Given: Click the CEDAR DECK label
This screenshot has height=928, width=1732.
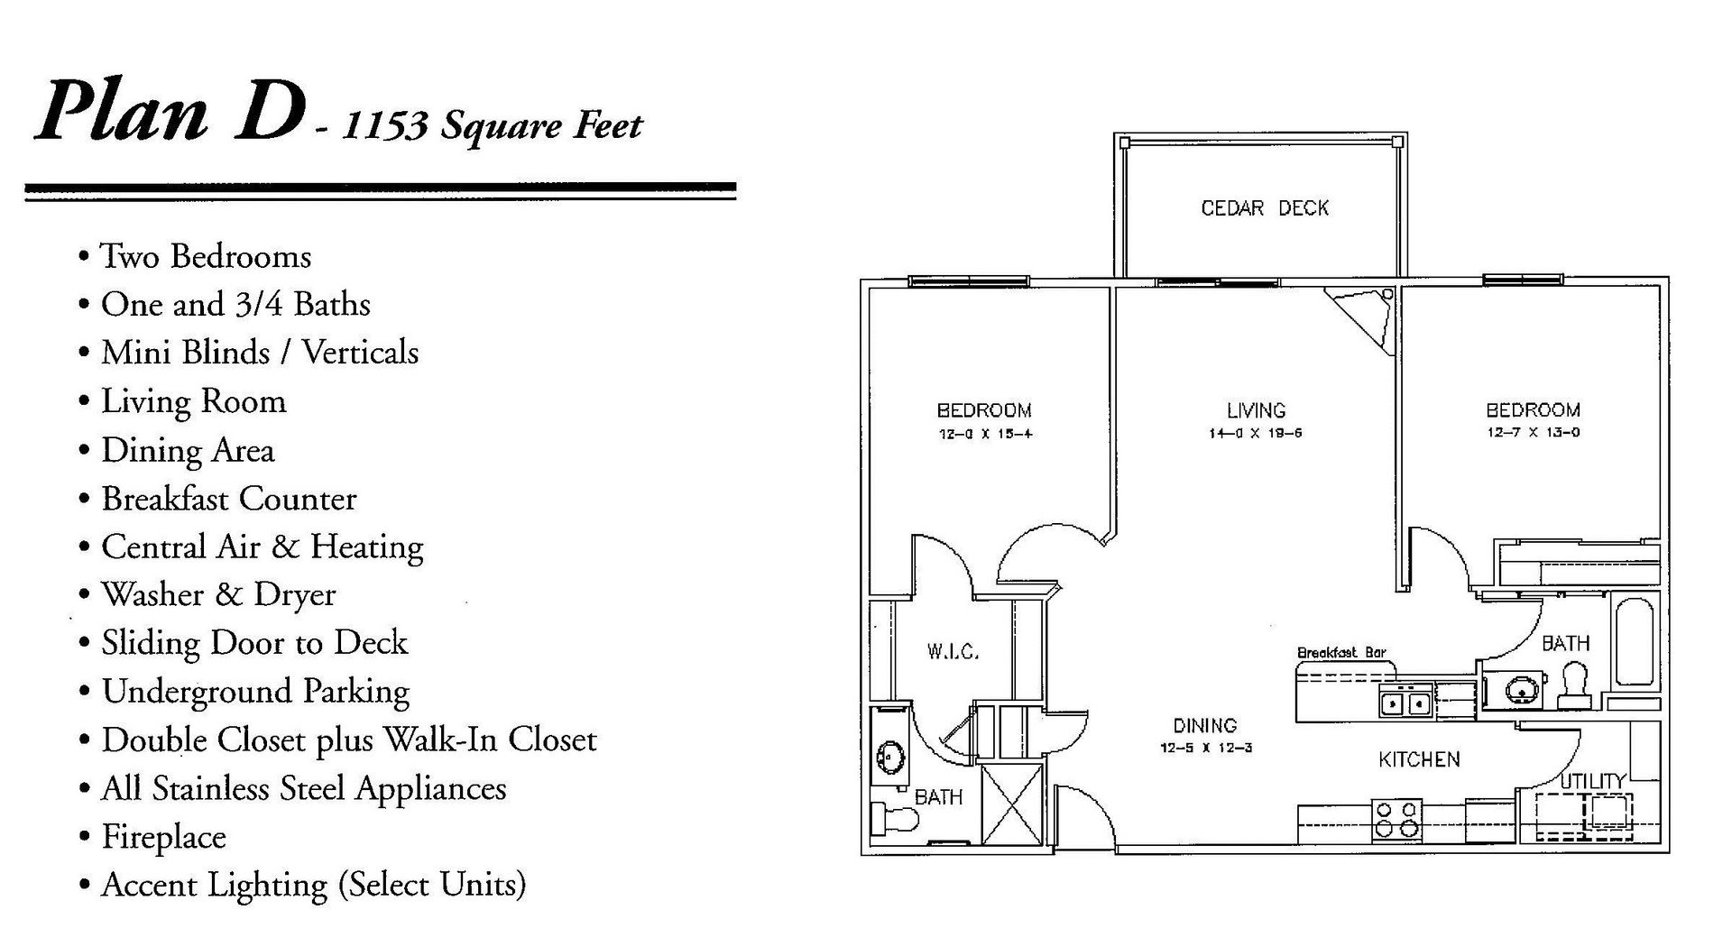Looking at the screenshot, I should [1264, 208].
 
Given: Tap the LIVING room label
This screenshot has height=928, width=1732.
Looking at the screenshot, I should [1256, 411].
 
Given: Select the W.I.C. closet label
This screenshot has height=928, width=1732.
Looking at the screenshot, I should [953, 651].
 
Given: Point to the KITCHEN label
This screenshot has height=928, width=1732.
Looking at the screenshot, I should [1419, 760].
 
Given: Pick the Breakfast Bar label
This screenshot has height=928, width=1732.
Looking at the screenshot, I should [1340, 653].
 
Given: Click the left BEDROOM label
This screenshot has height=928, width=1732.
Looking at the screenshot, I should [984, 411].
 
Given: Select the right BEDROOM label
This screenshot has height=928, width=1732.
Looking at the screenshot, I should [1533, 410].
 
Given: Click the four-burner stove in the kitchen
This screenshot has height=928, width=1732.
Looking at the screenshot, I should [1396, 819].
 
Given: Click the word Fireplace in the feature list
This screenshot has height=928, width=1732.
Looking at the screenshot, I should [163, 837].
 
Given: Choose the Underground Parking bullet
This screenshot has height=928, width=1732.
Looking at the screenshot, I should [255, 692].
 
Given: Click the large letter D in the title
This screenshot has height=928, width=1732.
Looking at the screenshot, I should [267, 113].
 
